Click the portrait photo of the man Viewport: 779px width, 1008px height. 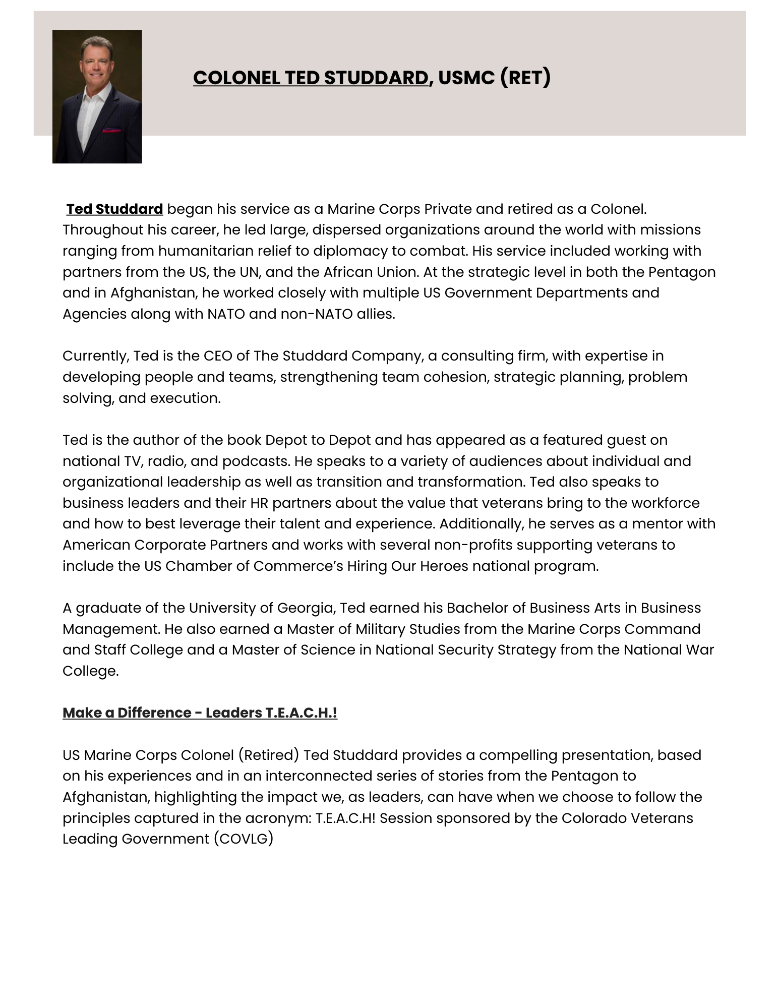coord(97,96)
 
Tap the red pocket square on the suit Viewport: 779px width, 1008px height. coord(111,131)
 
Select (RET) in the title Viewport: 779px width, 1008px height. coord(525,78)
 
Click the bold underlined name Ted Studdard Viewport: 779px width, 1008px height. coord(114,209)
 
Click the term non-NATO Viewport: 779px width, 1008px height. coord(313,314)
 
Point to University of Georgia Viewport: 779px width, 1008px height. coord(262,608)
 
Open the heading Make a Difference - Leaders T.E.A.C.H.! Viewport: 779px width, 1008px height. coord(200,713)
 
